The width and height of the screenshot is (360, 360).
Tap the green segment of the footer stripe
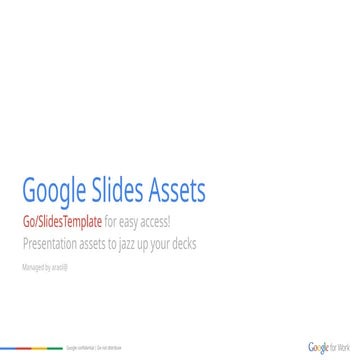57,348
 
